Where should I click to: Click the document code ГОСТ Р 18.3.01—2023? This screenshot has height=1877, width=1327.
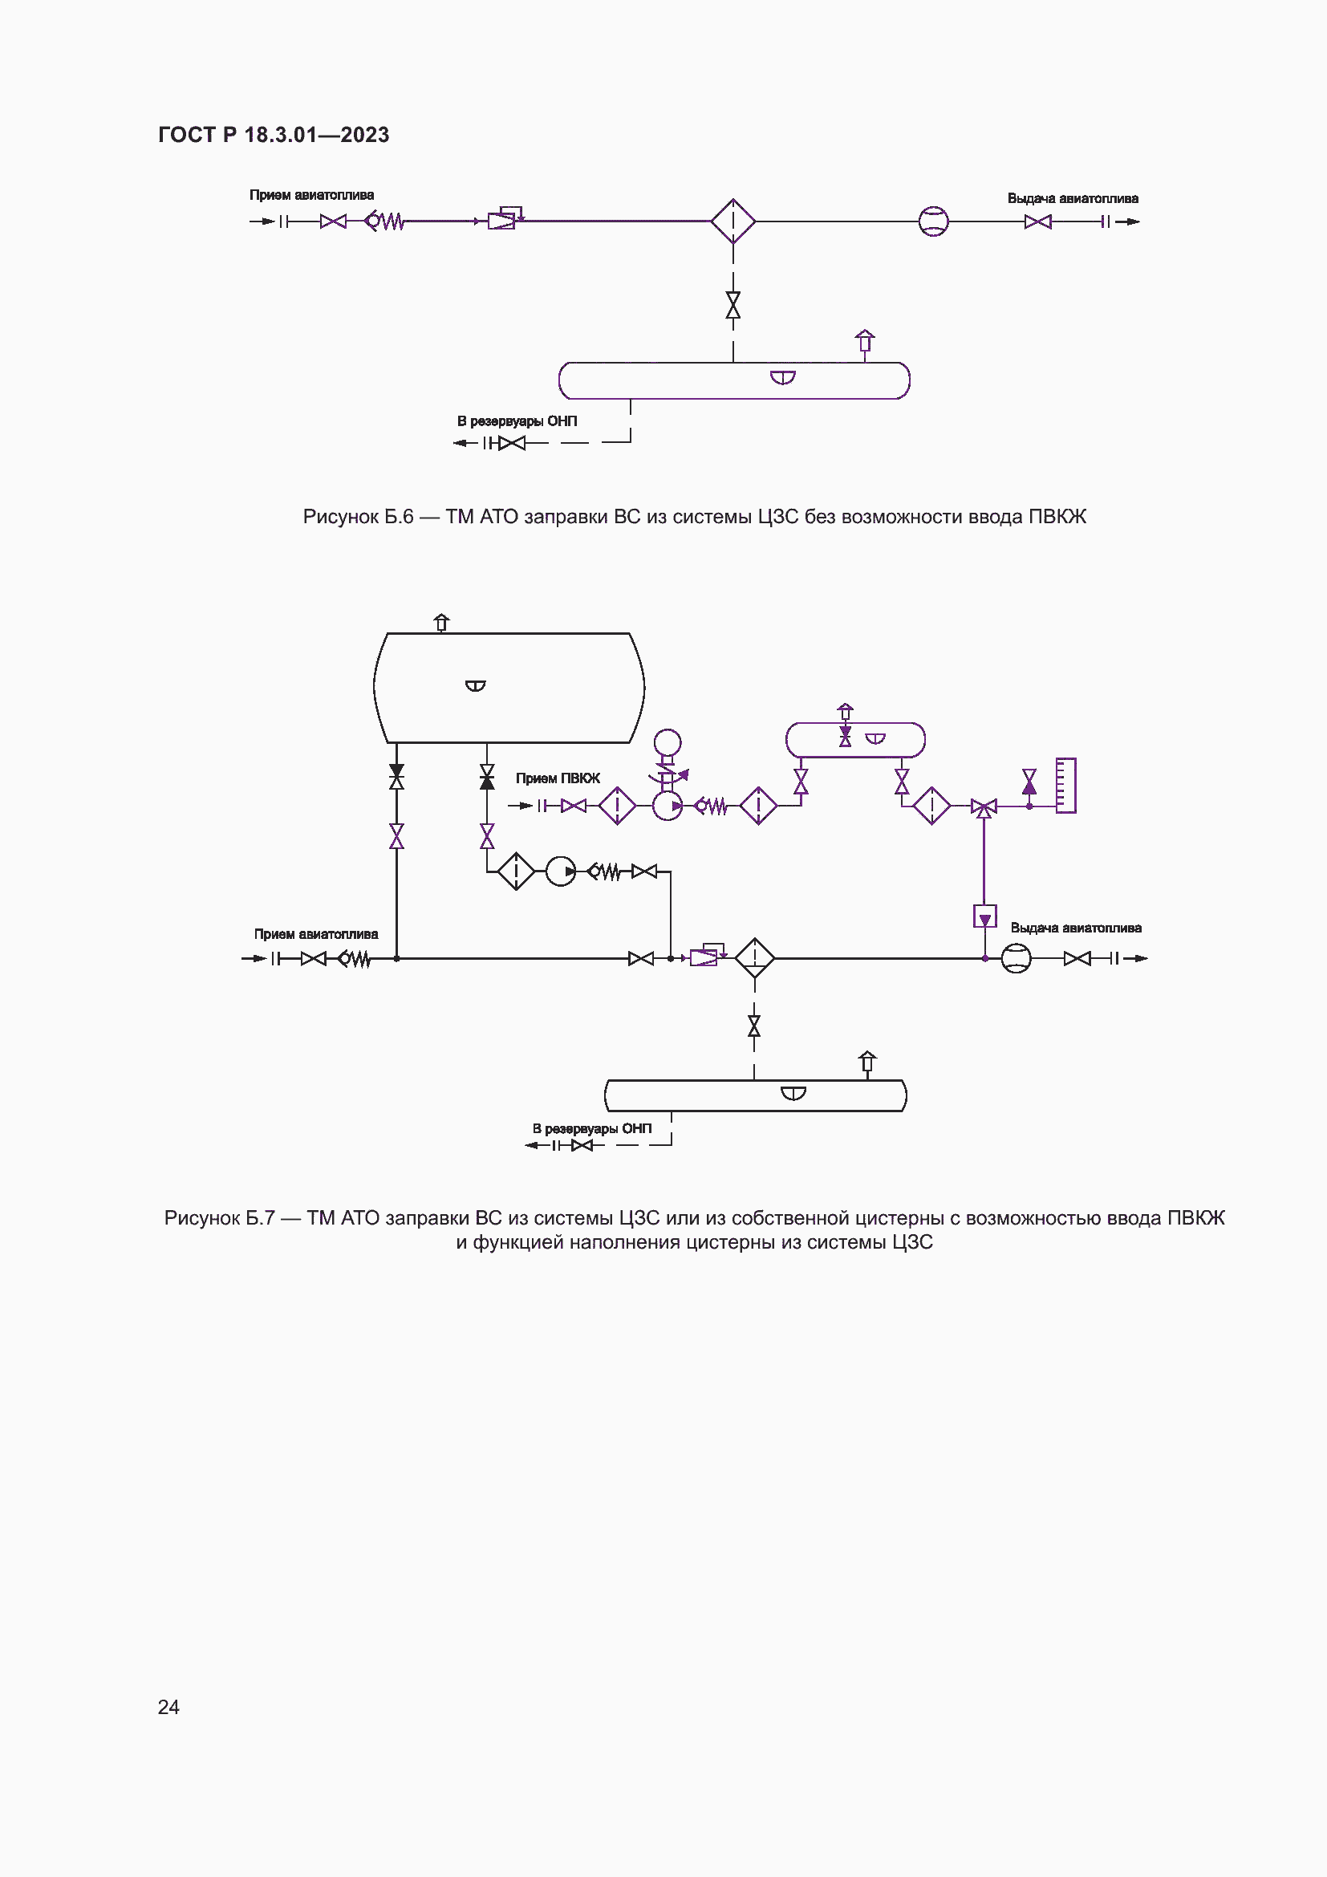(274, 135)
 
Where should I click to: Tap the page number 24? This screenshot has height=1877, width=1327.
(168, 1706)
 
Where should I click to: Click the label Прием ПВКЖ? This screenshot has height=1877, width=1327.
(558, 778)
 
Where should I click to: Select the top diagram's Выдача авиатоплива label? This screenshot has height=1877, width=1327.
(1072, 199)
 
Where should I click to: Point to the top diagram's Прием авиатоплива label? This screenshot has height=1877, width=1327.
(311, 195)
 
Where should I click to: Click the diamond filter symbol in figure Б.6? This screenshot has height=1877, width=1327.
(733, 221)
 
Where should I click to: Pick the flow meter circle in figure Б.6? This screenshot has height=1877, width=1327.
(933, 221)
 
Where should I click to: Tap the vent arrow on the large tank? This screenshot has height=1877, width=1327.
(442, 622)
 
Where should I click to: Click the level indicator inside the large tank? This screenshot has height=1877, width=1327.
(476, 685)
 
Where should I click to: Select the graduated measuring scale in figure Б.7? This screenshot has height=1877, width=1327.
(1065, 786)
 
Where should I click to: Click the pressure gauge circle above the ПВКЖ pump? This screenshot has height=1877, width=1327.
(668, 743)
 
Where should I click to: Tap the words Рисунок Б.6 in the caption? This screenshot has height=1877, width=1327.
(358, 517)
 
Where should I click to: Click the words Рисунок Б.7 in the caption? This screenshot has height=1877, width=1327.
(219, 1218)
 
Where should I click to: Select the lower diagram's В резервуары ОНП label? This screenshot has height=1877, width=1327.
(592, 1129)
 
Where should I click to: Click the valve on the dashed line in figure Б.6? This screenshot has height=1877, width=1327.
(733, 305)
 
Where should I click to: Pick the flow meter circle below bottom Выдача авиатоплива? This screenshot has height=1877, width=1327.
(1017, 958)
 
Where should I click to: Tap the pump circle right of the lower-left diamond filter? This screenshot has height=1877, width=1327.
(561, 871)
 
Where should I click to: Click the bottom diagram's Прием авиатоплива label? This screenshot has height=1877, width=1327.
(315, 934)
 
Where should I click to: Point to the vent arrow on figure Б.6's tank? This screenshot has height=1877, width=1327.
(865, 340)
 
